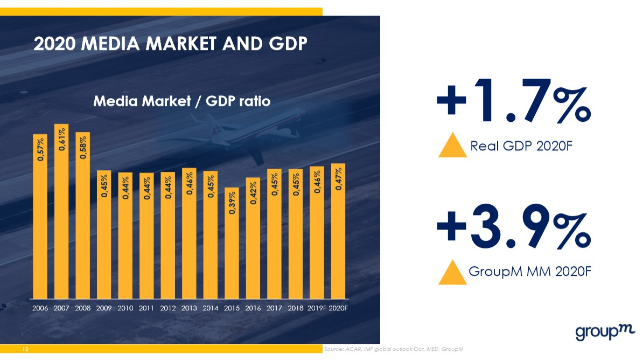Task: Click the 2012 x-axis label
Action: point(168,309)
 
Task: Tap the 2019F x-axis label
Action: point(317,309)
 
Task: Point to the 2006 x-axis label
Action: point(40,309)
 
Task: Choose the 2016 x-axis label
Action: point(253,309)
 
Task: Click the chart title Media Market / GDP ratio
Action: point(181,101)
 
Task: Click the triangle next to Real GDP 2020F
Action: point(452,146)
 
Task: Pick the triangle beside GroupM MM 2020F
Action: point(452,272)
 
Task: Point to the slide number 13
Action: point(25,350)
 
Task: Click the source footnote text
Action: point(393,350)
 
